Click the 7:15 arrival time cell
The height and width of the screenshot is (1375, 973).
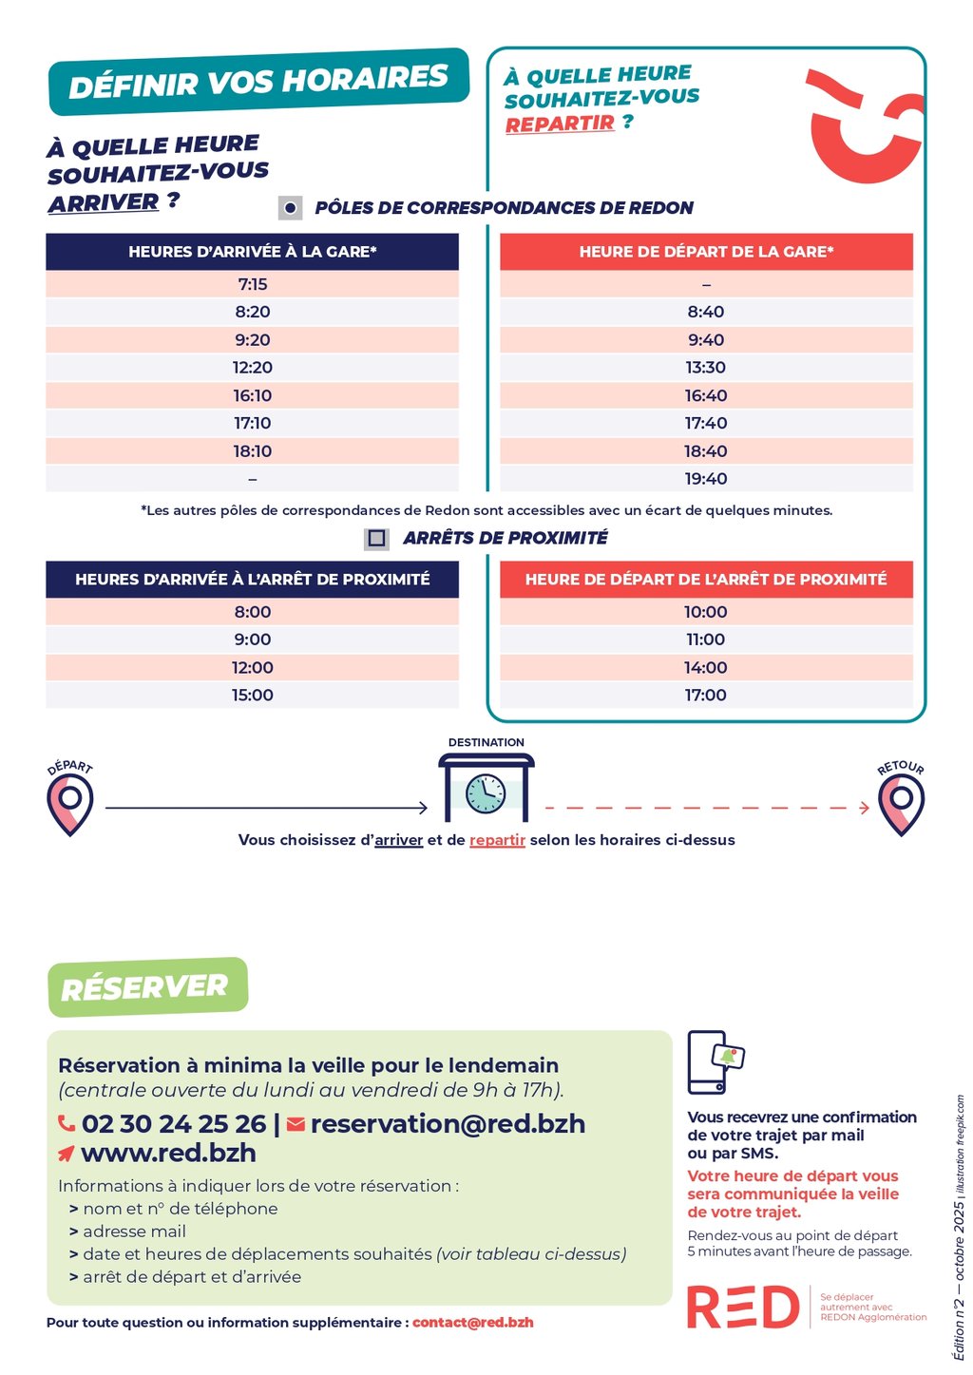(252, 284)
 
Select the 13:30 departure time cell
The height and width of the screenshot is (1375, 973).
(706, 368)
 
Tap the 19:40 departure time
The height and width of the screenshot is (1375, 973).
(706, 479)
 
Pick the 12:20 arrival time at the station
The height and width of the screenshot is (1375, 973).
(252, 368)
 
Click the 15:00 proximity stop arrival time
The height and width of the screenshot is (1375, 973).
(252, 696)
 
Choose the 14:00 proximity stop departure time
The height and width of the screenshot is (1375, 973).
(706, 668)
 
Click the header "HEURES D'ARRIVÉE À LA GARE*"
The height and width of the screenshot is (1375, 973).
(252, 252)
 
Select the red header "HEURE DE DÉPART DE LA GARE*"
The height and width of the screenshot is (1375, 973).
(706, 252)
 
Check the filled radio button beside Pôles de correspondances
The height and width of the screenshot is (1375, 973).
(291, 208)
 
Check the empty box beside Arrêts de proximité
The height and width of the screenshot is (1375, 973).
(376, 539)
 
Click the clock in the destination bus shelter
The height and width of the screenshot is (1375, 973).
(486, 793)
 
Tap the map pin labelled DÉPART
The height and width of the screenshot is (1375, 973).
(70, 804)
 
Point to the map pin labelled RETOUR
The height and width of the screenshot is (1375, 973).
(901, 804)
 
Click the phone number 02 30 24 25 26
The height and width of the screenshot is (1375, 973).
(174, 1124)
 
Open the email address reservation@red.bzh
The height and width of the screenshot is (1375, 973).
(448, 1124)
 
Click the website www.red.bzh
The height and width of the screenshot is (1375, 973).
(168, 1154)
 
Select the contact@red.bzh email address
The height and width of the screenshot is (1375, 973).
(472, 1323)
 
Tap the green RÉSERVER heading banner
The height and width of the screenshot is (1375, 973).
(147, 987)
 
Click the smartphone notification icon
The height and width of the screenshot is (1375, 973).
(715, 1061)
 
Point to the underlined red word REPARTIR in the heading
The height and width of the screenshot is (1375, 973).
(560, 124)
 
